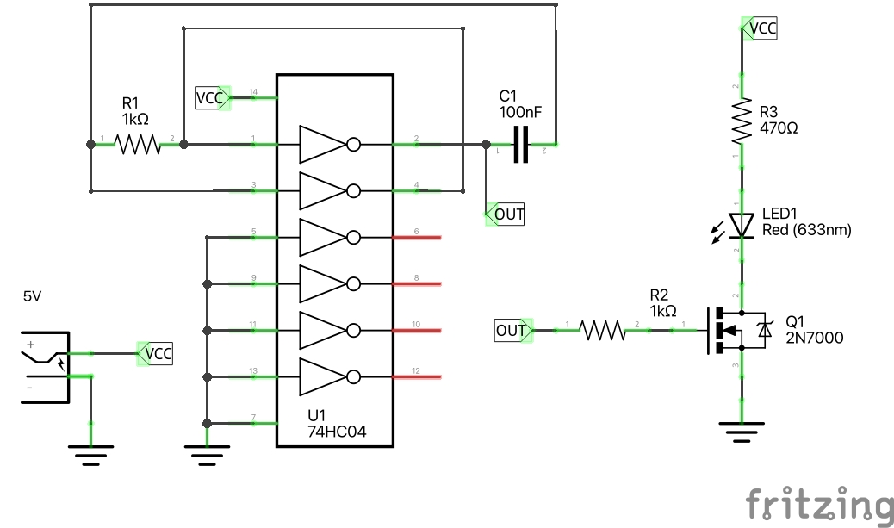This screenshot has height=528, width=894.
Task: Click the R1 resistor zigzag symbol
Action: [x=138, y=144]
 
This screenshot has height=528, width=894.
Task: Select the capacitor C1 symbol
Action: [x=520, y=144]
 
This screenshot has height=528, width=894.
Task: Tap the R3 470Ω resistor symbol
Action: [x=742, y=121]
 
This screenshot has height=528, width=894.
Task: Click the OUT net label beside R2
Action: [x=512, y=330]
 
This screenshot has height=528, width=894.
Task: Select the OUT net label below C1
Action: [x=506, y=214]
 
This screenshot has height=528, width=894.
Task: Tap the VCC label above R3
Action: [x=761, y=28]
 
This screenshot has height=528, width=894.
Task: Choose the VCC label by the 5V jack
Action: [x=156, y=353]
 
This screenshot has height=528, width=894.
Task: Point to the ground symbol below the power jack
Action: [x=91, y=451]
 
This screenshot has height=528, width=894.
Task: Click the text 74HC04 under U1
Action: [x=337, y=432]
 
